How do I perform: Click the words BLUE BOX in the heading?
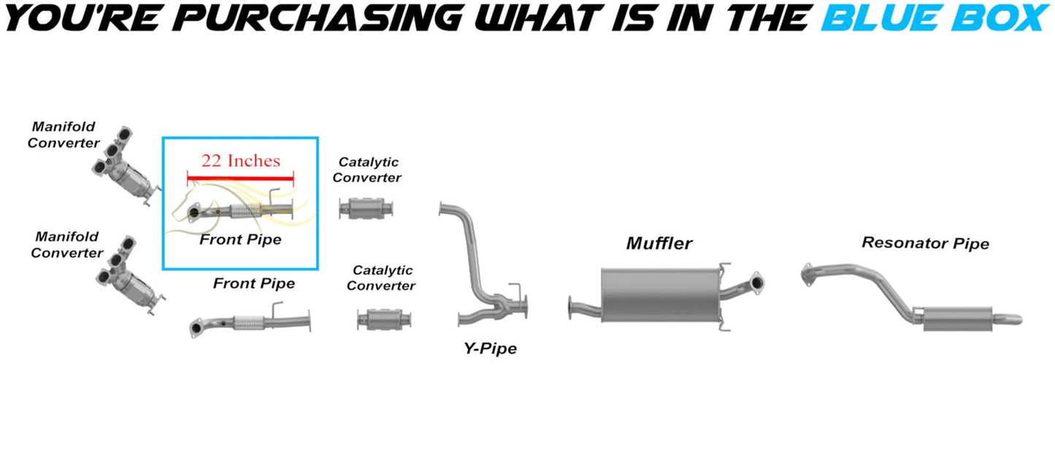coord(935,18)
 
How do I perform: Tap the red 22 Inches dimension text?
coord(240,161)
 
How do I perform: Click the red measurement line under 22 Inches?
coord(240,177)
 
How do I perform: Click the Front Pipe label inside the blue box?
coord(240,239)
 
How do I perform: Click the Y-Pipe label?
coord(490,349)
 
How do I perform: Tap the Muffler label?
coord(659,243)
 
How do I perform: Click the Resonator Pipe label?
coord(925,243)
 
